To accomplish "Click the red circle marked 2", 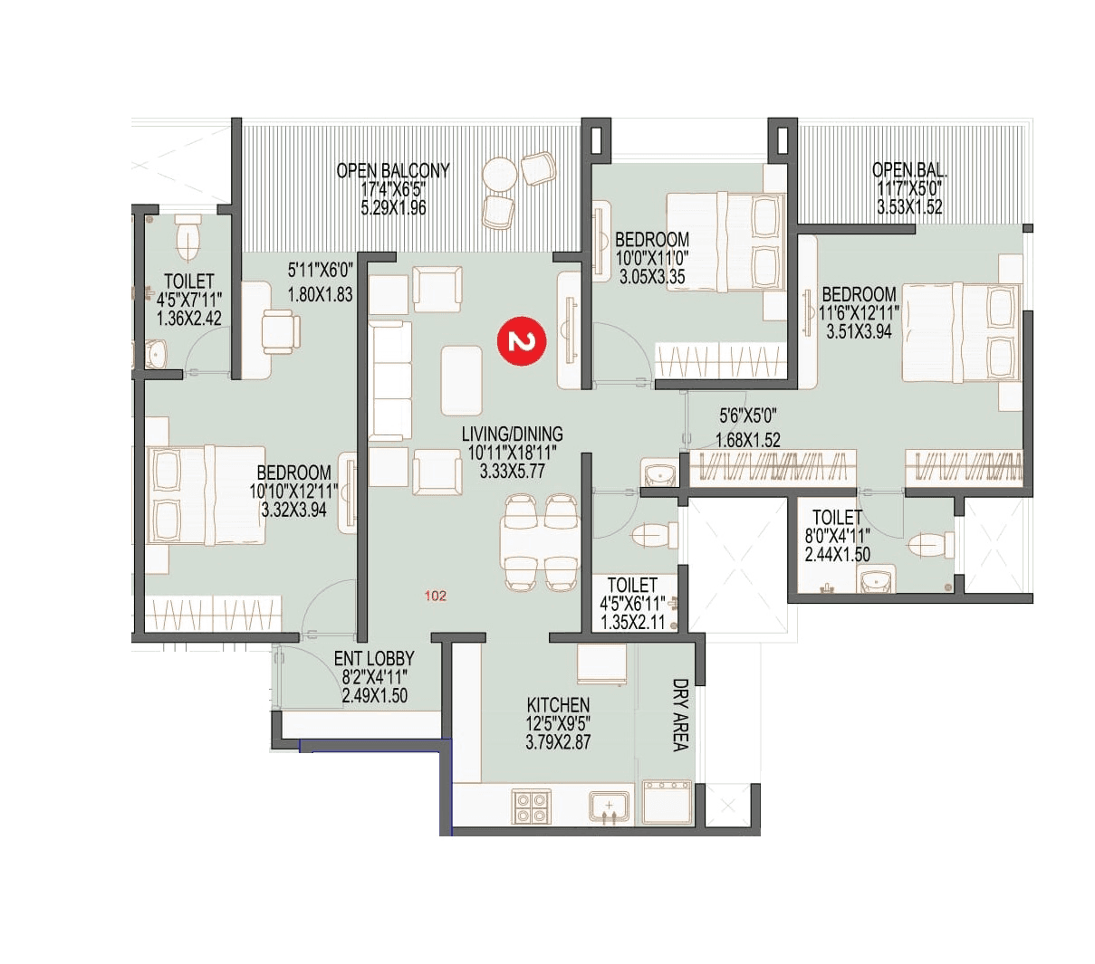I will [521, 341].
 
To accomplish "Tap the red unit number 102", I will [436, 596].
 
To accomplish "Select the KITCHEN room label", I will [558, 704].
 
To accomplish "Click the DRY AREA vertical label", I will [680, 715].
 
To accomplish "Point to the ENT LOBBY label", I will [374, 659].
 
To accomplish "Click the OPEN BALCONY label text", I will [393, 170].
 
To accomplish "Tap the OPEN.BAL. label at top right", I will [909, 169].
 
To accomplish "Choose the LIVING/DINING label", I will [512, 434].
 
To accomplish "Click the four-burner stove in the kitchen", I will [532, 807].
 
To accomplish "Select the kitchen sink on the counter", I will [610, 806].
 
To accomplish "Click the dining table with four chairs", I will [540, 542].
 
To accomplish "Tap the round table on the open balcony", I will [499, 173].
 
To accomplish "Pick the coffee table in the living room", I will [462, 380].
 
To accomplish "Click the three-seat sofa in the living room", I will [390, 381].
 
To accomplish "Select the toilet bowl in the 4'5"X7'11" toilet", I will [188, 237].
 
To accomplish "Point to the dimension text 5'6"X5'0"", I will [748, 415].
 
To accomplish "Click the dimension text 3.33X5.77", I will [512, 471].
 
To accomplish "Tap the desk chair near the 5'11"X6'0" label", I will [279, 330].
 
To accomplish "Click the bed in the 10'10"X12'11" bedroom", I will [207, 496].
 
